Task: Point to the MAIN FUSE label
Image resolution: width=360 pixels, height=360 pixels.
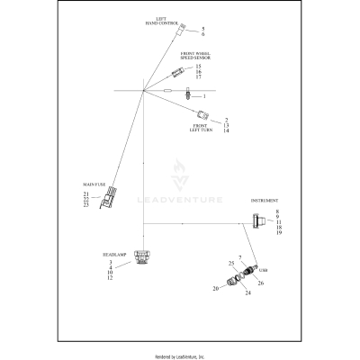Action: coord(94,184)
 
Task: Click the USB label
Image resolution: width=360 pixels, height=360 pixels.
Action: coord(263,268)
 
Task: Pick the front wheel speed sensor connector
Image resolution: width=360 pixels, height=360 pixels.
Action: coord(179,70)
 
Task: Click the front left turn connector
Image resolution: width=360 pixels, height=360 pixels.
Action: coord(203,114)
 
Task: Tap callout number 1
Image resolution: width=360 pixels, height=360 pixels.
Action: coord(203,95)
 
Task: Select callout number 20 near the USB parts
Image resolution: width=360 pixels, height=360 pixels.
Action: coord(215,289)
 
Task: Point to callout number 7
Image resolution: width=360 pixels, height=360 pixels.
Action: coord(241,259)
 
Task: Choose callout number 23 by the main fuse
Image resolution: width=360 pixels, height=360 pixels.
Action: coord(85,206)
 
